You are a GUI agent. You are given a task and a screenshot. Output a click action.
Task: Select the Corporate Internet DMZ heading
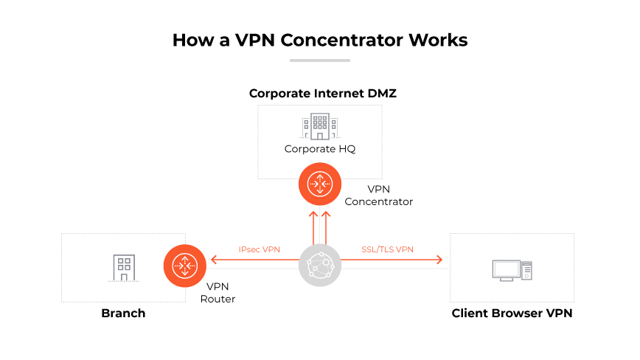[318, 94]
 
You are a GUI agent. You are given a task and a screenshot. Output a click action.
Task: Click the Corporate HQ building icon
[319, 127]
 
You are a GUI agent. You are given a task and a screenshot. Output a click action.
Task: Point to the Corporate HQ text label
[319, 149]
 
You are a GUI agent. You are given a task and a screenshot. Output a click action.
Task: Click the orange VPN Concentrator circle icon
[319, 184]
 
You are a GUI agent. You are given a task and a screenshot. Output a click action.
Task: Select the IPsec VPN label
[260, 249]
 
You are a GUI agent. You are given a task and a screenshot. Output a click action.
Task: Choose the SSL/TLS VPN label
[387, 249]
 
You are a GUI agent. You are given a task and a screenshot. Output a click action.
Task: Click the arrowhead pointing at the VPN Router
[214, 259]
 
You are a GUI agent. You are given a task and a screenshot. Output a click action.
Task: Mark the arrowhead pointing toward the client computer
[439, 259]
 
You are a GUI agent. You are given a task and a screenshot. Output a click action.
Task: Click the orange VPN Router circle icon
[183, 265]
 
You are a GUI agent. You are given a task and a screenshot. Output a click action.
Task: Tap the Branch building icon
[124, 266]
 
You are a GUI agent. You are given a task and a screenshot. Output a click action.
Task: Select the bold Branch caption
[123, 314]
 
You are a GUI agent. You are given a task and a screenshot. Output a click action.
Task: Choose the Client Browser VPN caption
[512, 314]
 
